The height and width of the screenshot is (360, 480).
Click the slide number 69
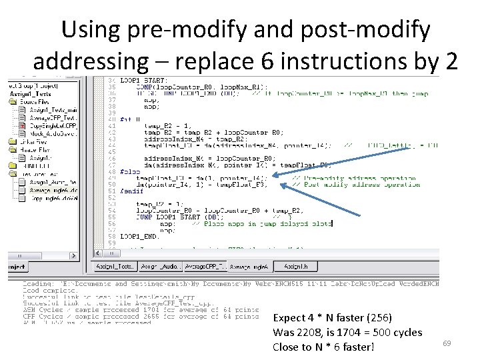coord(447,342)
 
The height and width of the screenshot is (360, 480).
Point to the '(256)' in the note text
coord(378,318)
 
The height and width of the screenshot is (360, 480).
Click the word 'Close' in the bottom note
coord(287,347)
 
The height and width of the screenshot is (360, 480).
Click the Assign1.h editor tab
coord(297,267)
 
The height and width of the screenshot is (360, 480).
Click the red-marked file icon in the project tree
coord(22,125)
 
